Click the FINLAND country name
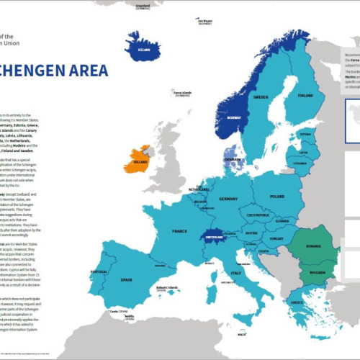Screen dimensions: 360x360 click(305, 95)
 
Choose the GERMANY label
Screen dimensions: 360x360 click(228, 199)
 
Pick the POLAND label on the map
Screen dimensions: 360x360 click(278, 195)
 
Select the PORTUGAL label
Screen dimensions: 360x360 click(99, 272)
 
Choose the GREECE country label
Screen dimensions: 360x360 click(297, 302)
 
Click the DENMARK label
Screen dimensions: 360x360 click(232, 160)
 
